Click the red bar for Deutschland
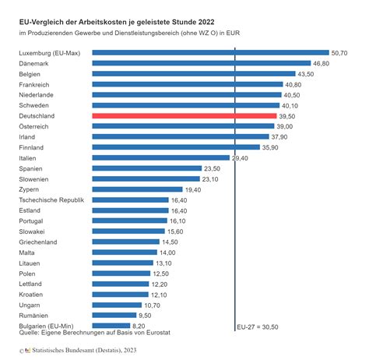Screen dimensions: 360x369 pos(184,115)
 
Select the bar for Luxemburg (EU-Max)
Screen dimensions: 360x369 pos(210,52)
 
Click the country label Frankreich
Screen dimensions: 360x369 pos(36,84)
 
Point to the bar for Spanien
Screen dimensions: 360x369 pos(146,168)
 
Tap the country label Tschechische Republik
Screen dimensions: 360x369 pos(51,200)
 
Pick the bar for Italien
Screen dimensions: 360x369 pos(160,157)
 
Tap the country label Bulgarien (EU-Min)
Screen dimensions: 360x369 pos(47,326)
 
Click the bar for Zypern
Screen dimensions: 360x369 pos(136,189)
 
